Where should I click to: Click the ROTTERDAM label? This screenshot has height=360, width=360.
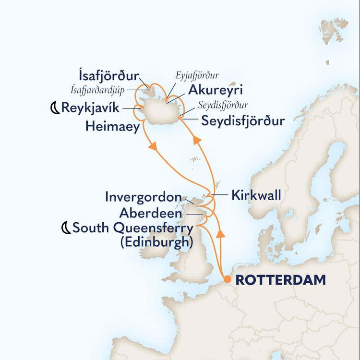[280, 280]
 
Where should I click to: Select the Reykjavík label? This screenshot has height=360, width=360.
[90, 108]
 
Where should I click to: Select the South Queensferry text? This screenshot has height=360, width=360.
[133, 228]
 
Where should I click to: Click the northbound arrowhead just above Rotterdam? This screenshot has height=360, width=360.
[221, 234]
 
